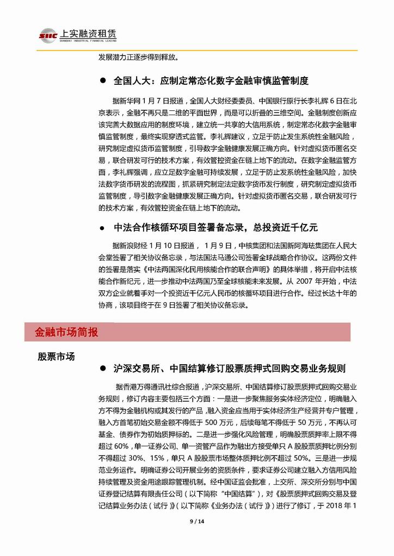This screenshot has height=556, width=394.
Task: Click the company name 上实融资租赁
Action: (85, 33)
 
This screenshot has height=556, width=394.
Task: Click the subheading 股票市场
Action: (56, 357)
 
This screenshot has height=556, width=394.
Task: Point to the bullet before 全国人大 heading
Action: (102, 81)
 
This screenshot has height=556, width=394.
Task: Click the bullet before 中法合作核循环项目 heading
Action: (102, 227)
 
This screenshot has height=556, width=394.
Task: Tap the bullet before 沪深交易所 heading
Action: (102, 368)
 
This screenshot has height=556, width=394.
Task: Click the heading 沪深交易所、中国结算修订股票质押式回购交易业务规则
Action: (229, 368)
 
